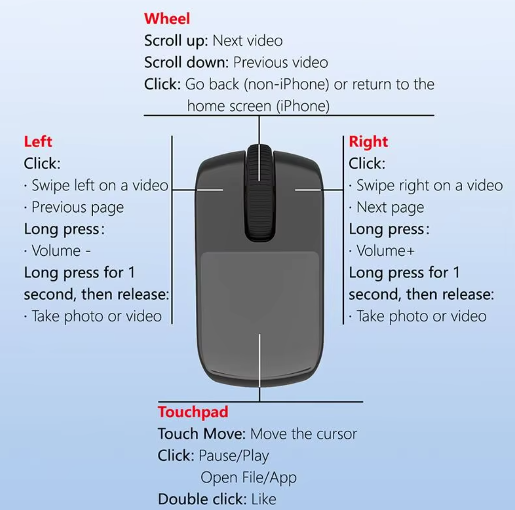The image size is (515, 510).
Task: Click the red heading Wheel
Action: pyautogui.click(x=167, y=18)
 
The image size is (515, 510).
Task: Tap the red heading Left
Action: pyautogui.click(x=38, y=141)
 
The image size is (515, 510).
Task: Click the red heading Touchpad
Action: pyautogui.click(x=193, y=412)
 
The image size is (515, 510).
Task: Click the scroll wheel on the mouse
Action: pyautogui.click(x=259, y=193)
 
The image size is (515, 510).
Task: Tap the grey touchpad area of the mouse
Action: pyautogui.click(x=260, y=293)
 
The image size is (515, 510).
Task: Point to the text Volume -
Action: pyautogui.click(x=61, y=251)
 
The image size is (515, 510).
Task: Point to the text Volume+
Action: pyautogui.click(x=385, y=251)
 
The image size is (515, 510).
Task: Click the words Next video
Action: pyautogui.click(x=247, y=41)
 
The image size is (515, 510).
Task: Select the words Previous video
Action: pyautogui.click(x=281, y=62)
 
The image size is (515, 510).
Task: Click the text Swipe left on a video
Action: pyautogui.click(x=100, y=186)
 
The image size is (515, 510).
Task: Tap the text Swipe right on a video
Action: pyautogui.click(x=429, y=186)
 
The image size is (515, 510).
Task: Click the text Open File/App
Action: pyautogui.click(x=249, y=478)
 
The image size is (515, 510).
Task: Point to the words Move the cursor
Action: pyautogui.click(x=303, y=434)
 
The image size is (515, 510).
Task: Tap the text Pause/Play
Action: pyautogui.click(x=234, y=456)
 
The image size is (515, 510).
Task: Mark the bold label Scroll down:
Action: pyautogui.click(x=186, y=62)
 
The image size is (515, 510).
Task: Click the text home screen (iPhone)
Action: pyautogui.click(x=259, y=106)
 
